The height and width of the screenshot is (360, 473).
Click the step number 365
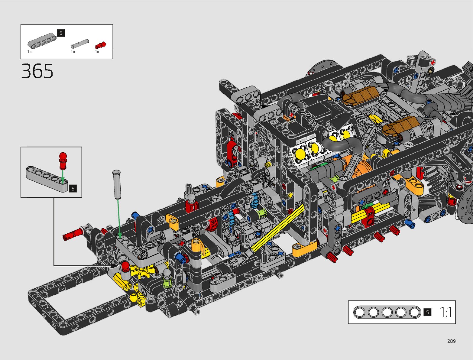pos(37,71)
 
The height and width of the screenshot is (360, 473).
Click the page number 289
pos(452,341)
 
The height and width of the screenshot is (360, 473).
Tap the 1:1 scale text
pos(445,312)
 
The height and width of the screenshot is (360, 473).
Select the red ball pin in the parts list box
pos(101,45)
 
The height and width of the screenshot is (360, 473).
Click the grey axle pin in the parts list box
pos(80,44)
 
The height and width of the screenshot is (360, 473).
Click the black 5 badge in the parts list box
pos(61,33)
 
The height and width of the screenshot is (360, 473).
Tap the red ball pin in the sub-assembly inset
pos(63,161)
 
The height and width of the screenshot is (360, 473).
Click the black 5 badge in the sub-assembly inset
pos(73,189)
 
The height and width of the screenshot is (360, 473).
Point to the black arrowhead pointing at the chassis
pos(114,266)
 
